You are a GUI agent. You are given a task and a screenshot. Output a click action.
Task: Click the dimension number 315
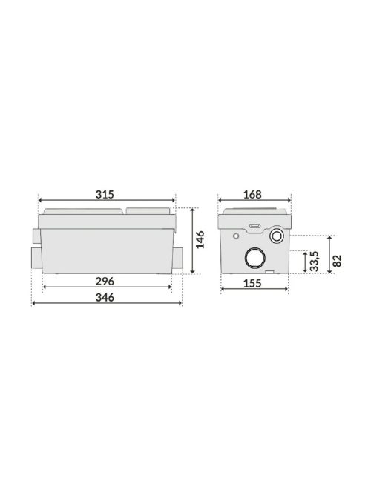(x=105, y=195)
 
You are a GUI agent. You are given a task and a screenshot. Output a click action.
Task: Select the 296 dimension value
(x=105, y=282)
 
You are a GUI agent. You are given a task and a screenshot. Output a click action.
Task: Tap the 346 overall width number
(x=105, y=297)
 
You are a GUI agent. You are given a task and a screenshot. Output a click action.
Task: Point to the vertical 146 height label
(x=200, y=239)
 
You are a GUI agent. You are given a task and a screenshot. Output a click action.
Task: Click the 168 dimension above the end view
(x=252, y=195)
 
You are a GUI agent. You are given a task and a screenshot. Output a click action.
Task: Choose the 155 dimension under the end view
(x=252, y=283)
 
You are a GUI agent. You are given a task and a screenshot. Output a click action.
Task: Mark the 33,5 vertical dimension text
(x=314, y=262)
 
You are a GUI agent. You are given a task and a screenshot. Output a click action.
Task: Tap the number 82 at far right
(x=337, y=261)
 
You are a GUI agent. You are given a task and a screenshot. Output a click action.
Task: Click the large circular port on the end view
(x=255, y=258)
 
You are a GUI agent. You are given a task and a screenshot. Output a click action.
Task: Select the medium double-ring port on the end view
(x=277, y=236)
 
